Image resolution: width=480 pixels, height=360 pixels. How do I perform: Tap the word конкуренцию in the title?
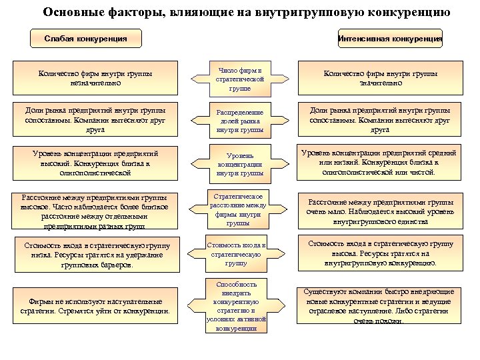(407, 12)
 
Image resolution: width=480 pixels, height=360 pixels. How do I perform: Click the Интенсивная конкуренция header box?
(391, 39)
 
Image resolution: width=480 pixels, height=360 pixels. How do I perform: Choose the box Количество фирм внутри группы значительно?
(381, 79)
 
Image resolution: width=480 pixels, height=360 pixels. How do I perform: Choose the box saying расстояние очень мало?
(381, 211)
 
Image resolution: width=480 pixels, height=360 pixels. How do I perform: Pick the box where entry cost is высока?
(381, 253)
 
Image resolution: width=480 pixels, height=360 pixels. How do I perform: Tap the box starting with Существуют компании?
(381, 306)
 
